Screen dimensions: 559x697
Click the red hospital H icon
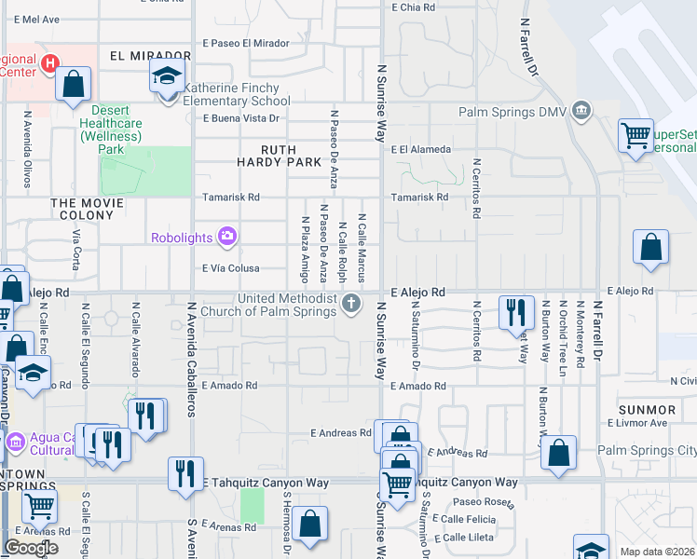coord(53,63)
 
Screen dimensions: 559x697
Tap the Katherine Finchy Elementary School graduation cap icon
coord(168,75)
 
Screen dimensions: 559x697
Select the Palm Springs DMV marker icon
coord(582,112)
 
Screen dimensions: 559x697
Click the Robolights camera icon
coord(226,238)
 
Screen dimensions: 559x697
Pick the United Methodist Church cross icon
coord(351,302)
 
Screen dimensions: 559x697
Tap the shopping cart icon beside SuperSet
coord(635,136)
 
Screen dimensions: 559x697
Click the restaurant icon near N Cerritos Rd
coord(516,312)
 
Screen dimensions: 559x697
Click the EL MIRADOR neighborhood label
coord(143,56)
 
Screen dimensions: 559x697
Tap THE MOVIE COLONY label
coord(88,202)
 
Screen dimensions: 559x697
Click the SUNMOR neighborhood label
coord(647,410)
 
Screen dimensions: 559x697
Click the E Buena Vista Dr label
coord(241,118)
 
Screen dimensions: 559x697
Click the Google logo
coord(31,548)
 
